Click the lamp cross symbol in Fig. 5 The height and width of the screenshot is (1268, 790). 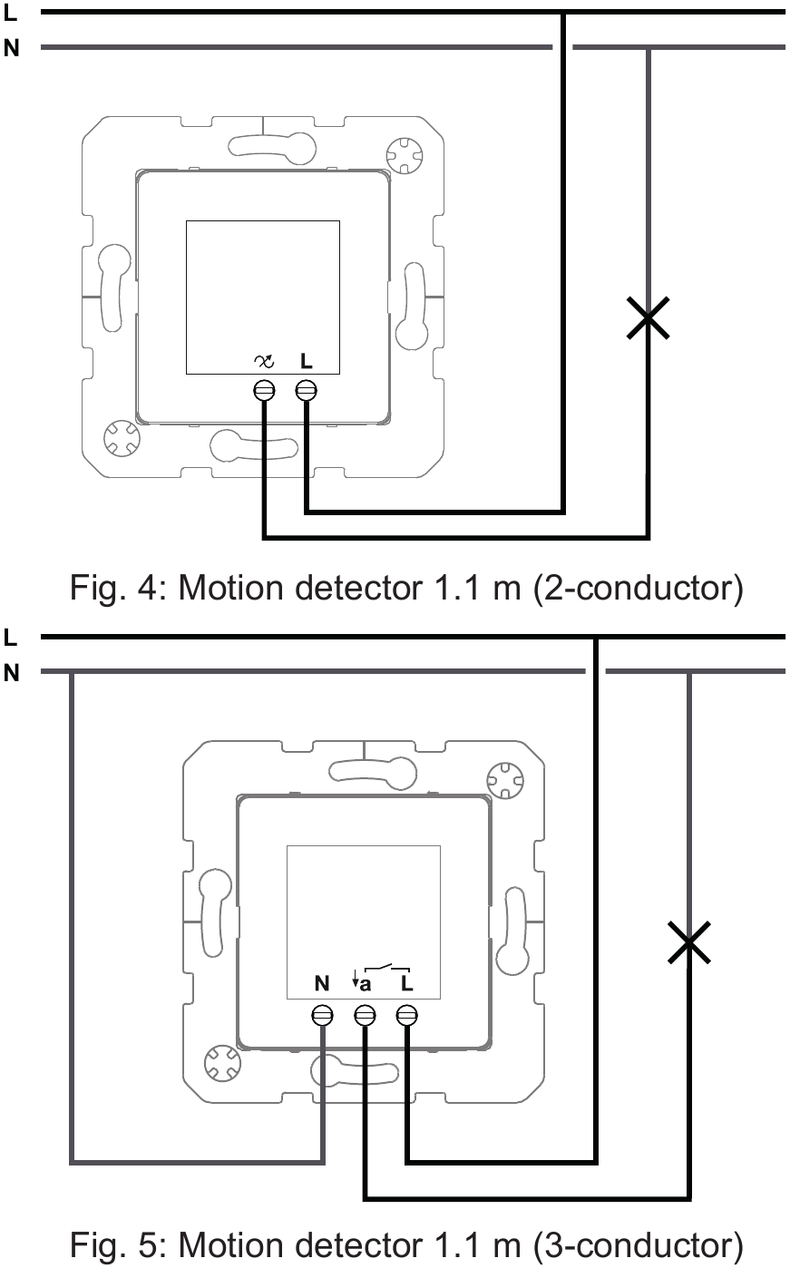coord(688,943)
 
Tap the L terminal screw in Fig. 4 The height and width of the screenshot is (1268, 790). coord(307,390)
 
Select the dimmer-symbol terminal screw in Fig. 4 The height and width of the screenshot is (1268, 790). coord(264,390)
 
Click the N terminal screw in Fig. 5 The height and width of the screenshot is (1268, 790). coord(321,1015)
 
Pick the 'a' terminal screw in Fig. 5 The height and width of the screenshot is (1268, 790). coord(365,1015)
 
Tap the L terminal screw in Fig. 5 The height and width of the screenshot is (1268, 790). coord(407,1015)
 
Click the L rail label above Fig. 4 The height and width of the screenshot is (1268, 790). coord(10,13)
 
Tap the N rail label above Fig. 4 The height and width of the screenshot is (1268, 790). coord(11,48)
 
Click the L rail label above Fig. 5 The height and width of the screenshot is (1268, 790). coord(10,638)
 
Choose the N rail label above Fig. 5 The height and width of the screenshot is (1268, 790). coord(11,672)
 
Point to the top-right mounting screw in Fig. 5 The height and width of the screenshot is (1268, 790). coord(503,779)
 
